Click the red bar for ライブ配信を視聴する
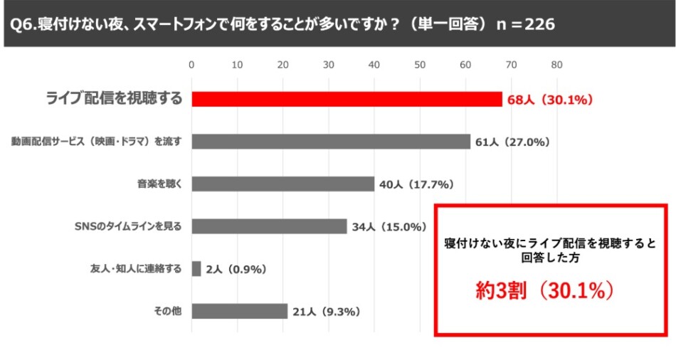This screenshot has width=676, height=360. click(347, 99)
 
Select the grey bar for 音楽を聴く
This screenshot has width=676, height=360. click(283, 184)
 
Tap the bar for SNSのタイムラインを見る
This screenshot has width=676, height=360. click(269, 227)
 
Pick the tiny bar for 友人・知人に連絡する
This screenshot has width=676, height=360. click(196, 269)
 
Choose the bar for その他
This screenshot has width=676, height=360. click(240, 312)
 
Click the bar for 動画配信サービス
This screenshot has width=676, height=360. click(331, 142)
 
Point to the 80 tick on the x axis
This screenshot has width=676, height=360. click(557, 65)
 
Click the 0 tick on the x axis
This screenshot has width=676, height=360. click(191, 65)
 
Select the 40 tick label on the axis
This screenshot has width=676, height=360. click(374, 65)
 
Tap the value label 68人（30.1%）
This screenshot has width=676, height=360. click(550, 100)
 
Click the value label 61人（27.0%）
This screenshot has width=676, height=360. click(513, 142)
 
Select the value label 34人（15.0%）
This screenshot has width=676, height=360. click(389, 228)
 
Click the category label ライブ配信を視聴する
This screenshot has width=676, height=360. click(114, 99)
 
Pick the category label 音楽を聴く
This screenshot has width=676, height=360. click(160, 184)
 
